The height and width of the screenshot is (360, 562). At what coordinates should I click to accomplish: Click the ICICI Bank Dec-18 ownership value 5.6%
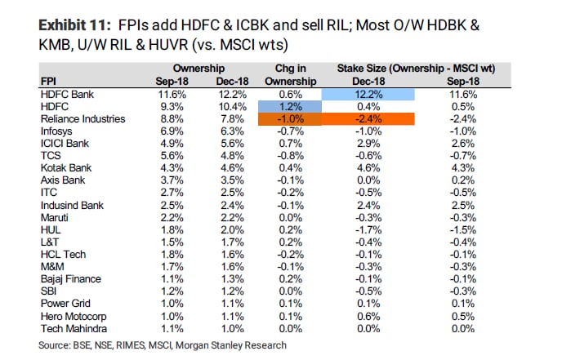tap(225, 143)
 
